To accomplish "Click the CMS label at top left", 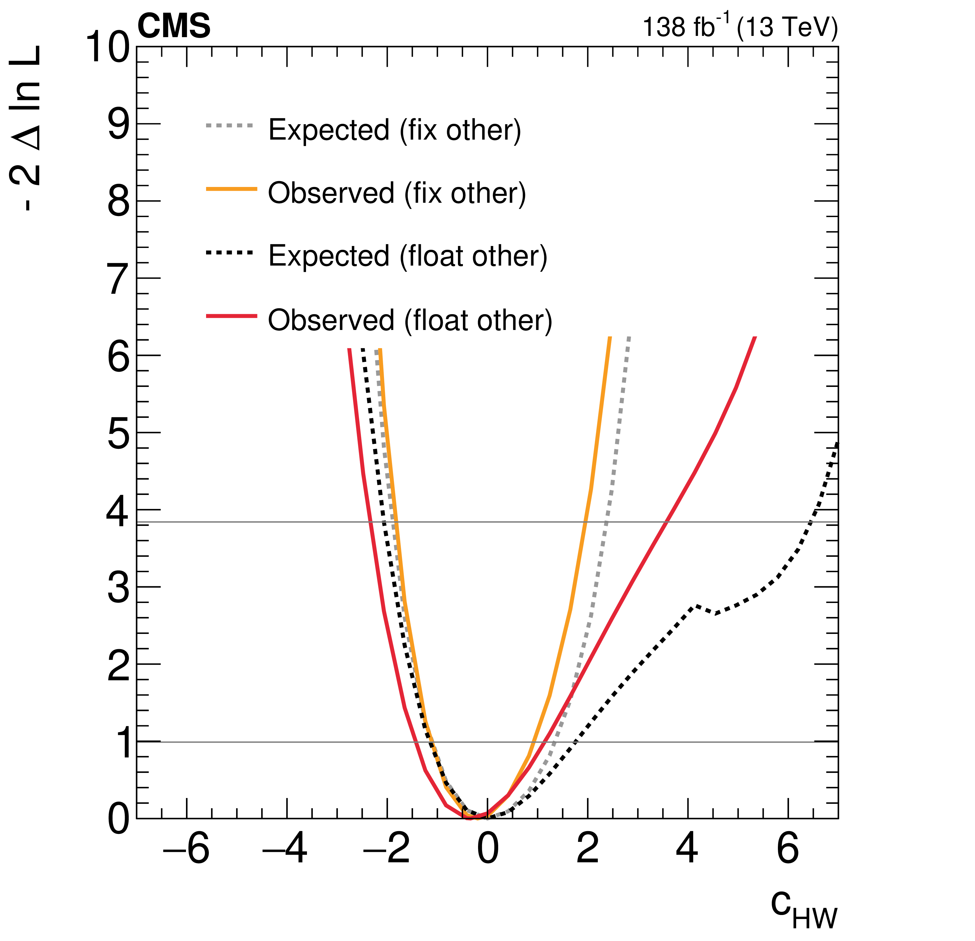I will pos(174,26).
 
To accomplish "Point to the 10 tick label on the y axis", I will pos(108,48).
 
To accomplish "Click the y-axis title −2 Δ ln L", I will pos(26,128).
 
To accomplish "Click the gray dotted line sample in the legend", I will pos(230,126).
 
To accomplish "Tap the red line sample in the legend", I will pos(231,316).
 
